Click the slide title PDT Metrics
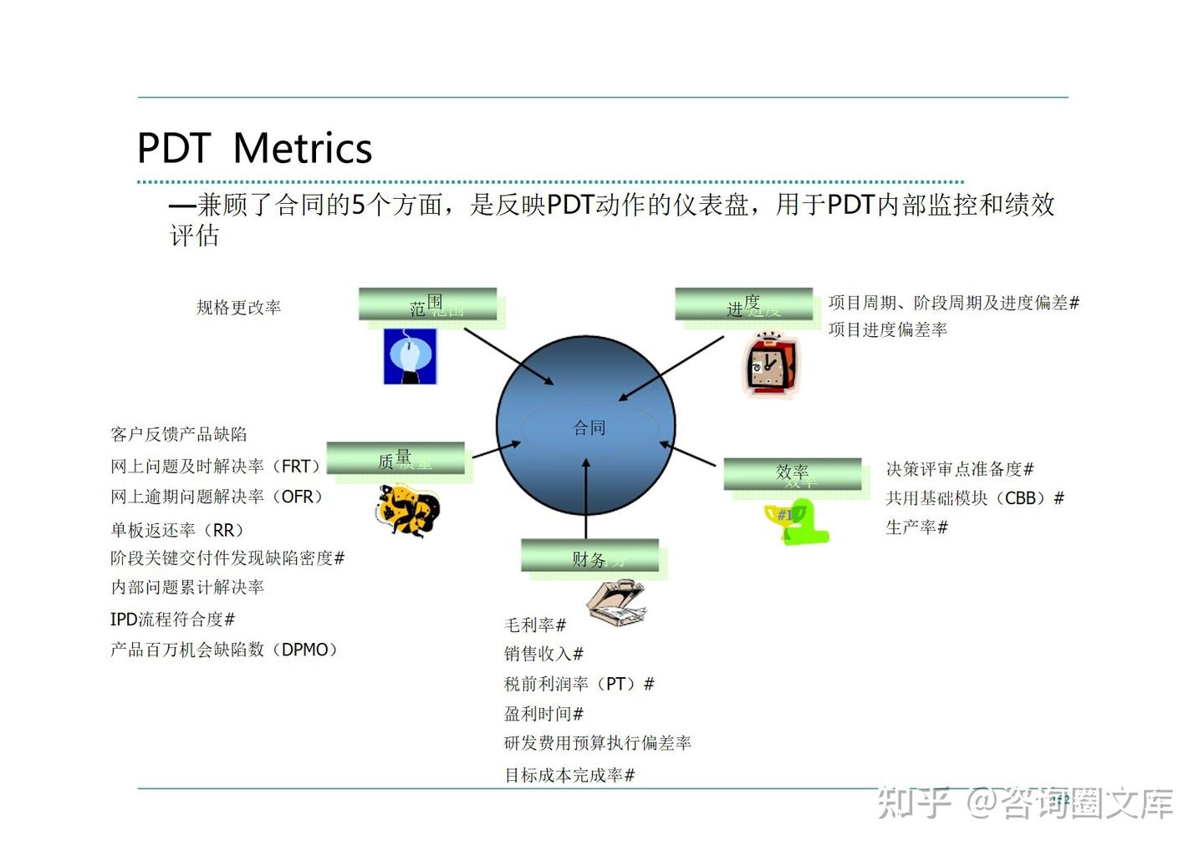tap(254, 149)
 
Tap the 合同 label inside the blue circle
tap(589, 428)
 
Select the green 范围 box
tap(428, 304)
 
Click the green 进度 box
tap(744, 304)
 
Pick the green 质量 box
tap(395, 458)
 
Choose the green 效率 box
tap(792, 473)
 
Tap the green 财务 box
tap(590, 556)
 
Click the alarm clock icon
tap(770, 364)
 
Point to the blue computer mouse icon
tap(410, 356)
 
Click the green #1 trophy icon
tap(795, 522)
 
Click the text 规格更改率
tap(238, 308)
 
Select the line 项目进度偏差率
tap(887, 330)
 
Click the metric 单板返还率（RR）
tap(178, 530)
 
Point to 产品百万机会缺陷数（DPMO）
tap(224, 650)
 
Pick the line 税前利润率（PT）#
tap(579, 684)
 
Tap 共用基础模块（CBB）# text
tap(974, 498)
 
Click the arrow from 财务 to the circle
tap(586, 502)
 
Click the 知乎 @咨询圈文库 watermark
tap(1025, 803)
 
